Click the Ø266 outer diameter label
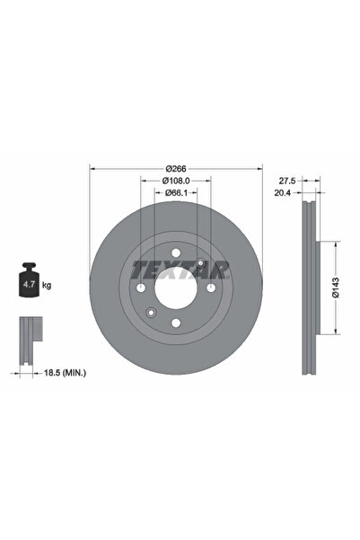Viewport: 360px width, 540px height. click(x=176, y=169)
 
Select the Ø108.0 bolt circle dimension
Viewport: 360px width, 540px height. click(x=176, y=181)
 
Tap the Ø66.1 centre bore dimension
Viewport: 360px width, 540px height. click(x=176, y=193)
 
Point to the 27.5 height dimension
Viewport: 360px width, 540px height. click(x=287, y=181)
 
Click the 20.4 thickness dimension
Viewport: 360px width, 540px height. click(x=283, y=193)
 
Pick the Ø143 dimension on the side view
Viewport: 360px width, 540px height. click(x=336, y=288)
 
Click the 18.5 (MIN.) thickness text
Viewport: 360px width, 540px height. click(x=65, y=372)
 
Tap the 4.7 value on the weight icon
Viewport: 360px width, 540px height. click(x=29, y=285)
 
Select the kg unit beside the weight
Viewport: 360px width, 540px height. click(x=47, y=285)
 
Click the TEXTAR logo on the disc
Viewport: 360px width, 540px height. click(x=180, y=270)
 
